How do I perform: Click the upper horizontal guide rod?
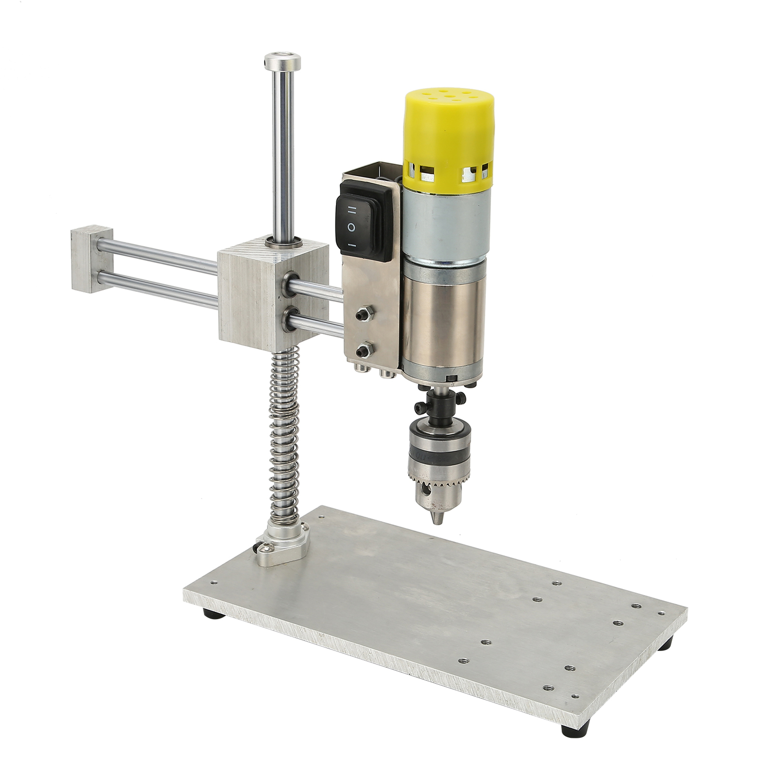[159, 253]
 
